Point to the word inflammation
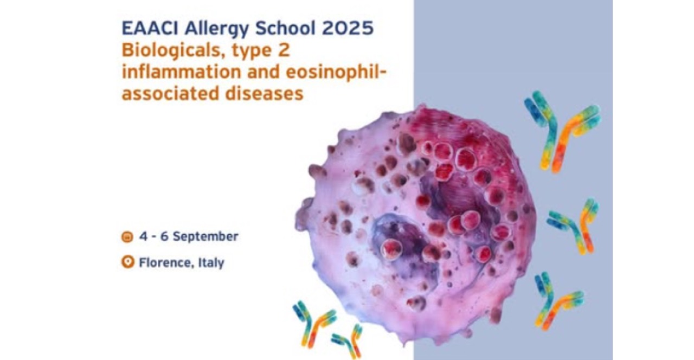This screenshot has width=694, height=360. pos(181,72)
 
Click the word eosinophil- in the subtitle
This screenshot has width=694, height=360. pos(336,72)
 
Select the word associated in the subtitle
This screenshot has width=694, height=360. pos(170,94)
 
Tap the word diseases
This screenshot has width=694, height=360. pos(264,94)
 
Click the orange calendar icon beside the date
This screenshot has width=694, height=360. pos(127,237)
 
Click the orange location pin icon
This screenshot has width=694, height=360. pos(127,262)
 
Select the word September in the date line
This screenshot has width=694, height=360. pos(205,237)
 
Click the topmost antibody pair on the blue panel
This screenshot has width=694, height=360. pos(561,132)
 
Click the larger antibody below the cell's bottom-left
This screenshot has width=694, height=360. pos(313,324)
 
